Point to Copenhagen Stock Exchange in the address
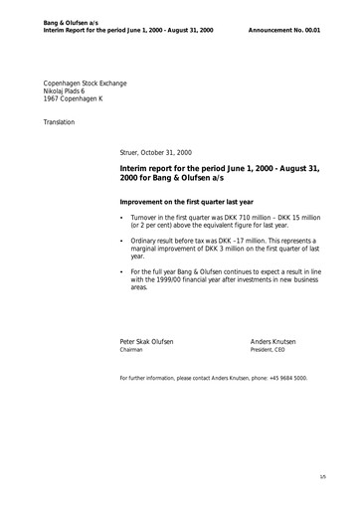(85, 83)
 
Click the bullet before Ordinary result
(121, 241)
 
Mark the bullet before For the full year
(121, 271)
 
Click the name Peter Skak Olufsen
(146, 341)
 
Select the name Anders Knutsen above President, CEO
(273, 341)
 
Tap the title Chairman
(131, 350)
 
